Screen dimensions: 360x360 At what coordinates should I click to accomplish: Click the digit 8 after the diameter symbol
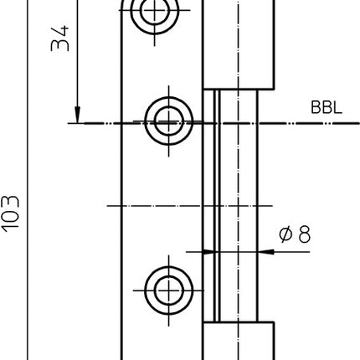tap(302, 235)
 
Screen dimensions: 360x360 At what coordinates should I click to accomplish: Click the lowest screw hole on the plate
tap(168, 289)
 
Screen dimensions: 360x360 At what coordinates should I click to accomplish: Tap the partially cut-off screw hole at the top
tap(154, 11)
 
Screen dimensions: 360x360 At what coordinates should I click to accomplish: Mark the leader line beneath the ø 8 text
tap(289, 249)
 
